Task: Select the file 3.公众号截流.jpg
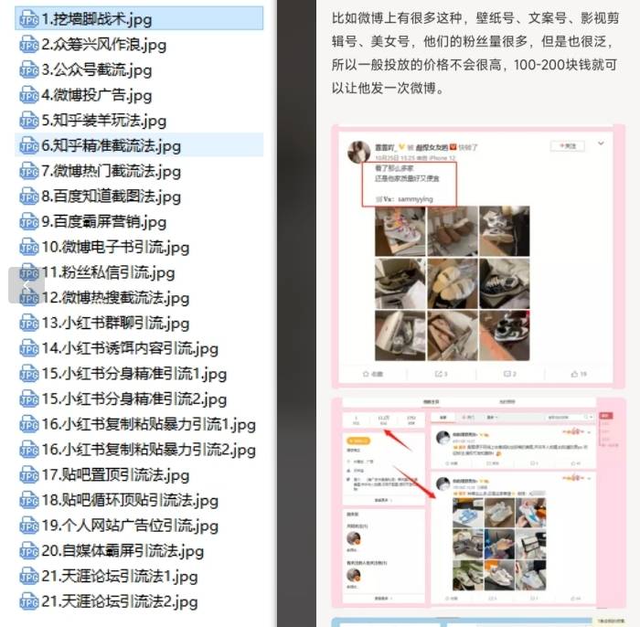(97, 69)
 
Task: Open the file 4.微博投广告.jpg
(97, 95)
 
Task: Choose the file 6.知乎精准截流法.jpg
(112, 145)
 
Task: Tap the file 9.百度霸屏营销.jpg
(104, 221)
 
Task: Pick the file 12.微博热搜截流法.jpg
(115, 298)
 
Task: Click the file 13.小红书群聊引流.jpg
(115, 323)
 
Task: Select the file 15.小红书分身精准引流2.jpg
(134, 399)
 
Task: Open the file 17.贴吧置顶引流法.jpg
(115, 474)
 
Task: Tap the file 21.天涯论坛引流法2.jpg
(120, 601)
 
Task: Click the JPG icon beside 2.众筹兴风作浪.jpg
(29, 45)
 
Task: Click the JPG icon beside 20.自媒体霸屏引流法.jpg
(29, 551)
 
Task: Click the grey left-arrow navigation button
(26, 285)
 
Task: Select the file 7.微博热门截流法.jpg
(112, 171)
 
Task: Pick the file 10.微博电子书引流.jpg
(115, 247)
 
